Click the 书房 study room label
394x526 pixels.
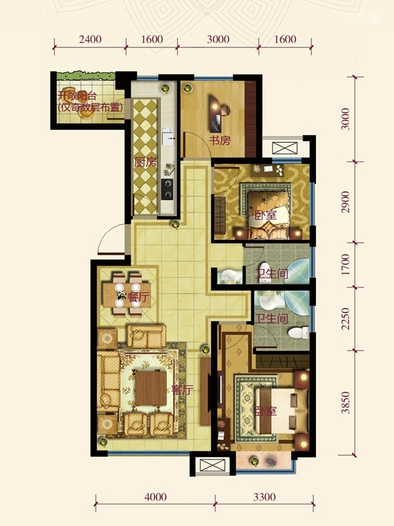pos(220,141)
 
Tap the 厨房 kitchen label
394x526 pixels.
pos(145,162)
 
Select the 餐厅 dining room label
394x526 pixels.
pos(139,297)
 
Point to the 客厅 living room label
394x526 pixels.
pos(183,390)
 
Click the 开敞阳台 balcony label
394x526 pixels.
pos(77,96)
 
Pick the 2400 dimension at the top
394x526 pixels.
pos(90,39)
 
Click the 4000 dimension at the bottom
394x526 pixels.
pos(156,497)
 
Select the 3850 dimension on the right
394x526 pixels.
pos(345,402)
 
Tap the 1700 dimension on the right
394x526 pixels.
pos(345,264)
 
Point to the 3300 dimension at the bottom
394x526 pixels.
pos(265,497)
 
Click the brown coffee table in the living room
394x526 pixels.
pos(151,388)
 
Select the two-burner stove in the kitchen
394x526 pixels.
pos(167,189)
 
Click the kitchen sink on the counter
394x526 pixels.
pos(168,137)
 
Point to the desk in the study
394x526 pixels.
pos(215,113)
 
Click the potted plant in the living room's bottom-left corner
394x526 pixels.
pos(103,441)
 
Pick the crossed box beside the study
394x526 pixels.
pos(285,148)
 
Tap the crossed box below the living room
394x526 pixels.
pos(212,466)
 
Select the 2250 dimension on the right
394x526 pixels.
pos(345,319)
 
